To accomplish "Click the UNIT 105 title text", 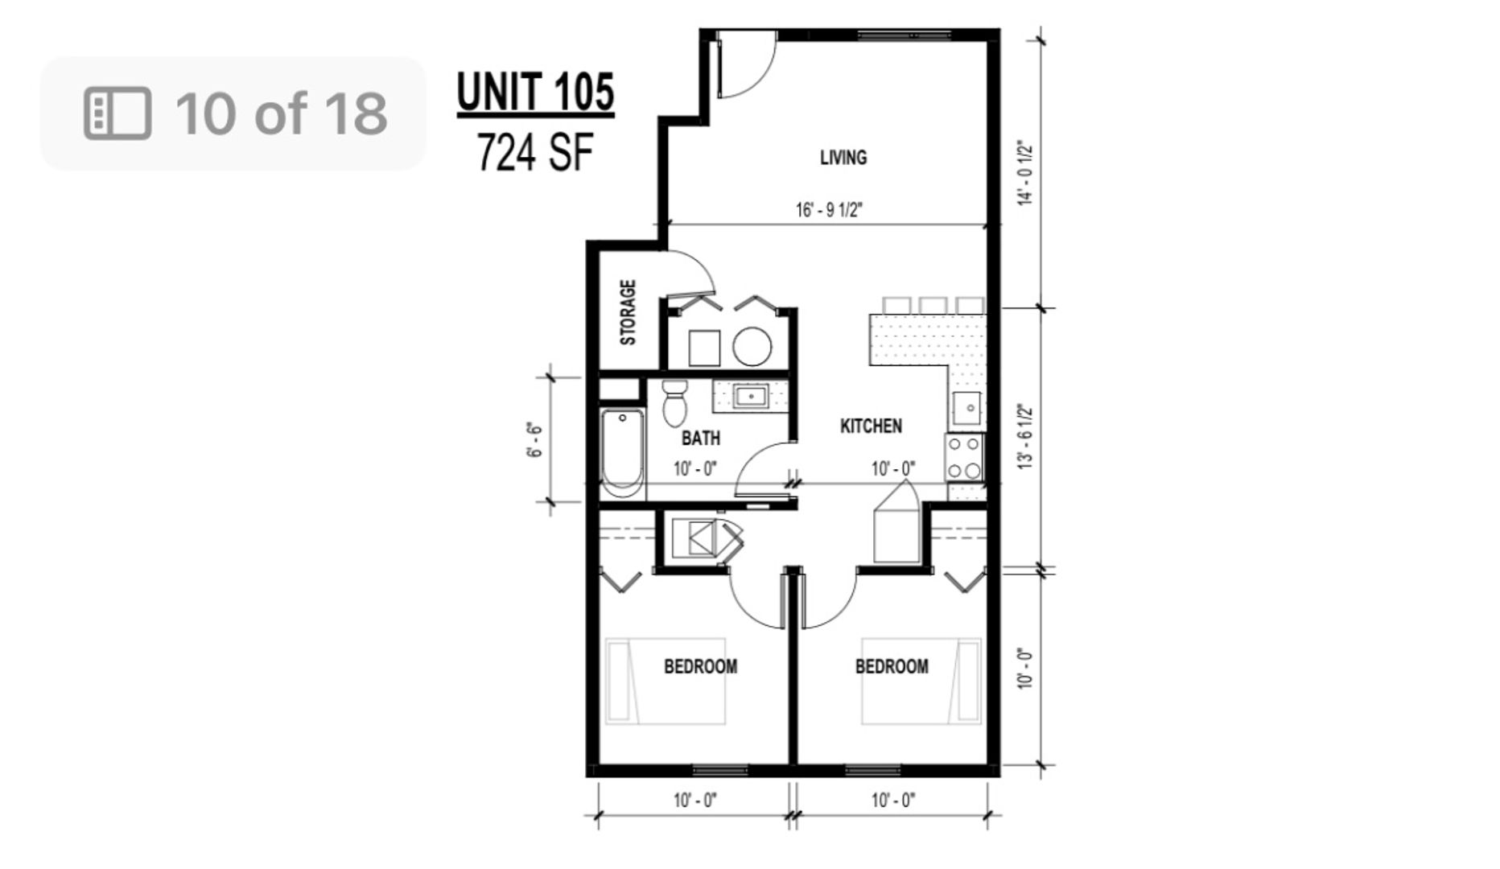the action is pyautogui.click(x=535, y=92).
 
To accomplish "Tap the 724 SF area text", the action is pyautogui.click(x=535, y=152).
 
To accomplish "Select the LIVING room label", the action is pyautogui.click(x=843, y=158).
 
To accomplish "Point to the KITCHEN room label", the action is pyautogui.click(x=871, y=426).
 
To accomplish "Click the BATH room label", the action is pyautogui.click(x=701, y=439).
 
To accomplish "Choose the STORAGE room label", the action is pyautogui.click(x=628, y=312).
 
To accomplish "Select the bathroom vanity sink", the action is pyautogui.click(x=751, y=396).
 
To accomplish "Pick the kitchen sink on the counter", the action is pyautogui.click(x=966, y=409).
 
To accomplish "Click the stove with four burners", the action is pyautogui.click(x=964, y=458).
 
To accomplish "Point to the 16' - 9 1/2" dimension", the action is pyautogui.click(x=829, y=211).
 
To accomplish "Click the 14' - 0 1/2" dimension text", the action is pyautogui.click(x=1025, y=174).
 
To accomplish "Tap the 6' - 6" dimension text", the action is pyautogui.click(x=535, y=439).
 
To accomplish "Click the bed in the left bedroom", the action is pyautogui.click(x=666, y=681).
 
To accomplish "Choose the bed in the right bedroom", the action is pyautogui.click(x=921, y=681).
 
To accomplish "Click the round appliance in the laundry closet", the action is pyautogui.click(x=752, y=347).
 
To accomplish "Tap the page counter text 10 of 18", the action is pyautogui.click(x=282, y=113).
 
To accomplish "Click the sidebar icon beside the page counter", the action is pyautogui.click(x=117, y=113).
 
